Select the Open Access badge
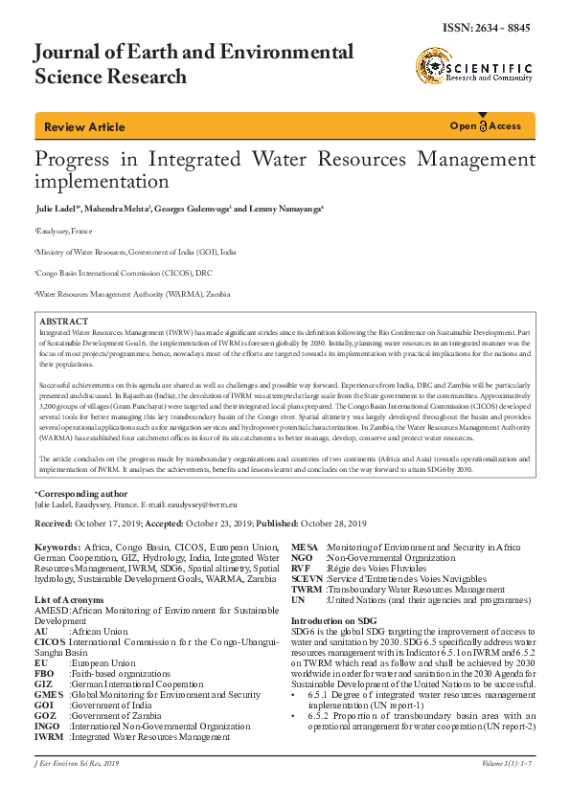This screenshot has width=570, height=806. point(486,126)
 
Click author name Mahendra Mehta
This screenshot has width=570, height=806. point(125,208)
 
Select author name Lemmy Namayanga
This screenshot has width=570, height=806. point(284,208)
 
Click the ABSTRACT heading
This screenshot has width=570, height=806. point(65,322)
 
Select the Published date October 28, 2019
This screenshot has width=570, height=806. point(331,524)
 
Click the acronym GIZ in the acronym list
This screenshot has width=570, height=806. point(43,684)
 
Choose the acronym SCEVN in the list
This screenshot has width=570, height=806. point(308,579)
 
